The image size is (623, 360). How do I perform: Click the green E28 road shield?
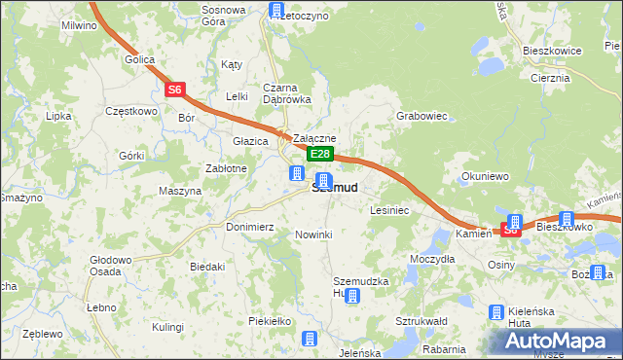click(321, 155)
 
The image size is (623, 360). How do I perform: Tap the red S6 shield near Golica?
click(174, 90)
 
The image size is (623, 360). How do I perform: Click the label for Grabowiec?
click(421, 116)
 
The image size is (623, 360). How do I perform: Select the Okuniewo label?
click(486, 177)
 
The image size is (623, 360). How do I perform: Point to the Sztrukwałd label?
click(421, 320)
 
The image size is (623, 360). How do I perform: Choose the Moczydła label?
click(432, 260)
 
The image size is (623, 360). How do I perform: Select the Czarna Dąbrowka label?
click(286, 92)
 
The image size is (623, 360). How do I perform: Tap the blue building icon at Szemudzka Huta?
click(352, 296)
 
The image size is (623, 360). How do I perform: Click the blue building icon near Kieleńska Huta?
click(495, 311)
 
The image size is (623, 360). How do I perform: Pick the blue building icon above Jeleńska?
click(310, 339)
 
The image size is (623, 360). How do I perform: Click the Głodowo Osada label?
click(110, 266)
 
